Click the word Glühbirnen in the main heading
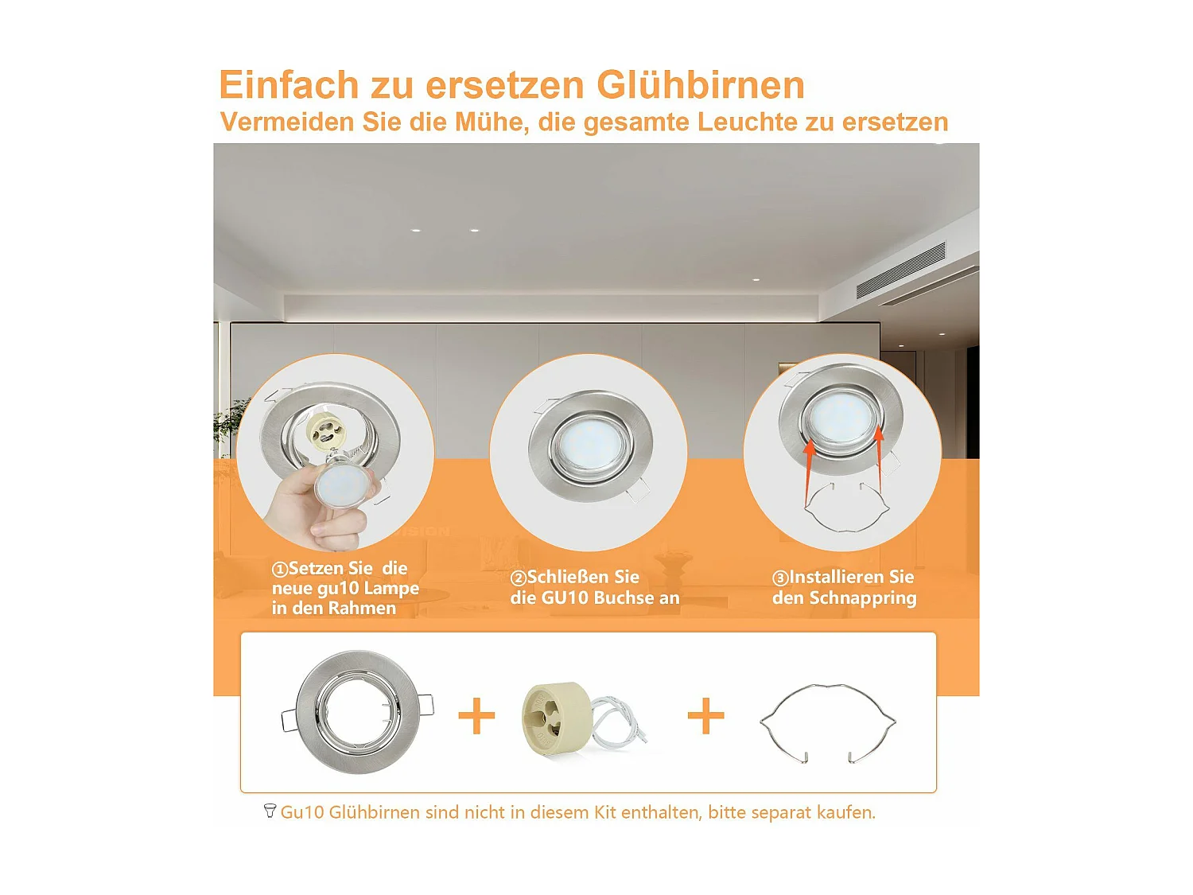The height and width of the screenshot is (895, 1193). click(x=700, y=85)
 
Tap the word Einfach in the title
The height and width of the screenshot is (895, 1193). click(x=289, y=85)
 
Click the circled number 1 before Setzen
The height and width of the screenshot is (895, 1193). click(x=279, y=570)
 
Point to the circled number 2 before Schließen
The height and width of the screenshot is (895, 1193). click(x=518, y=578)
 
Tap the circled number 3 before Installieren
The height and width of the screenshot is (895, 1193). click(x=780, y=578)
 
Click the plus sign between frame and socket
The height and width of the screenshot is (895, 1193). click(x=476, y=715)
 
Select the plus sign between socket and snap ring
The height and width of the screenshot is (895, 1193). click(x=705, y=715)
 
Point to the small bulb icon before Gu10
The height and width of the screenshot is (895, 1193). click(x=270, y=811)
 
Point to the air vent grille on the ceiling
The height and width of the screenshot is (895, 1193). click(x=901, y=270)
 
